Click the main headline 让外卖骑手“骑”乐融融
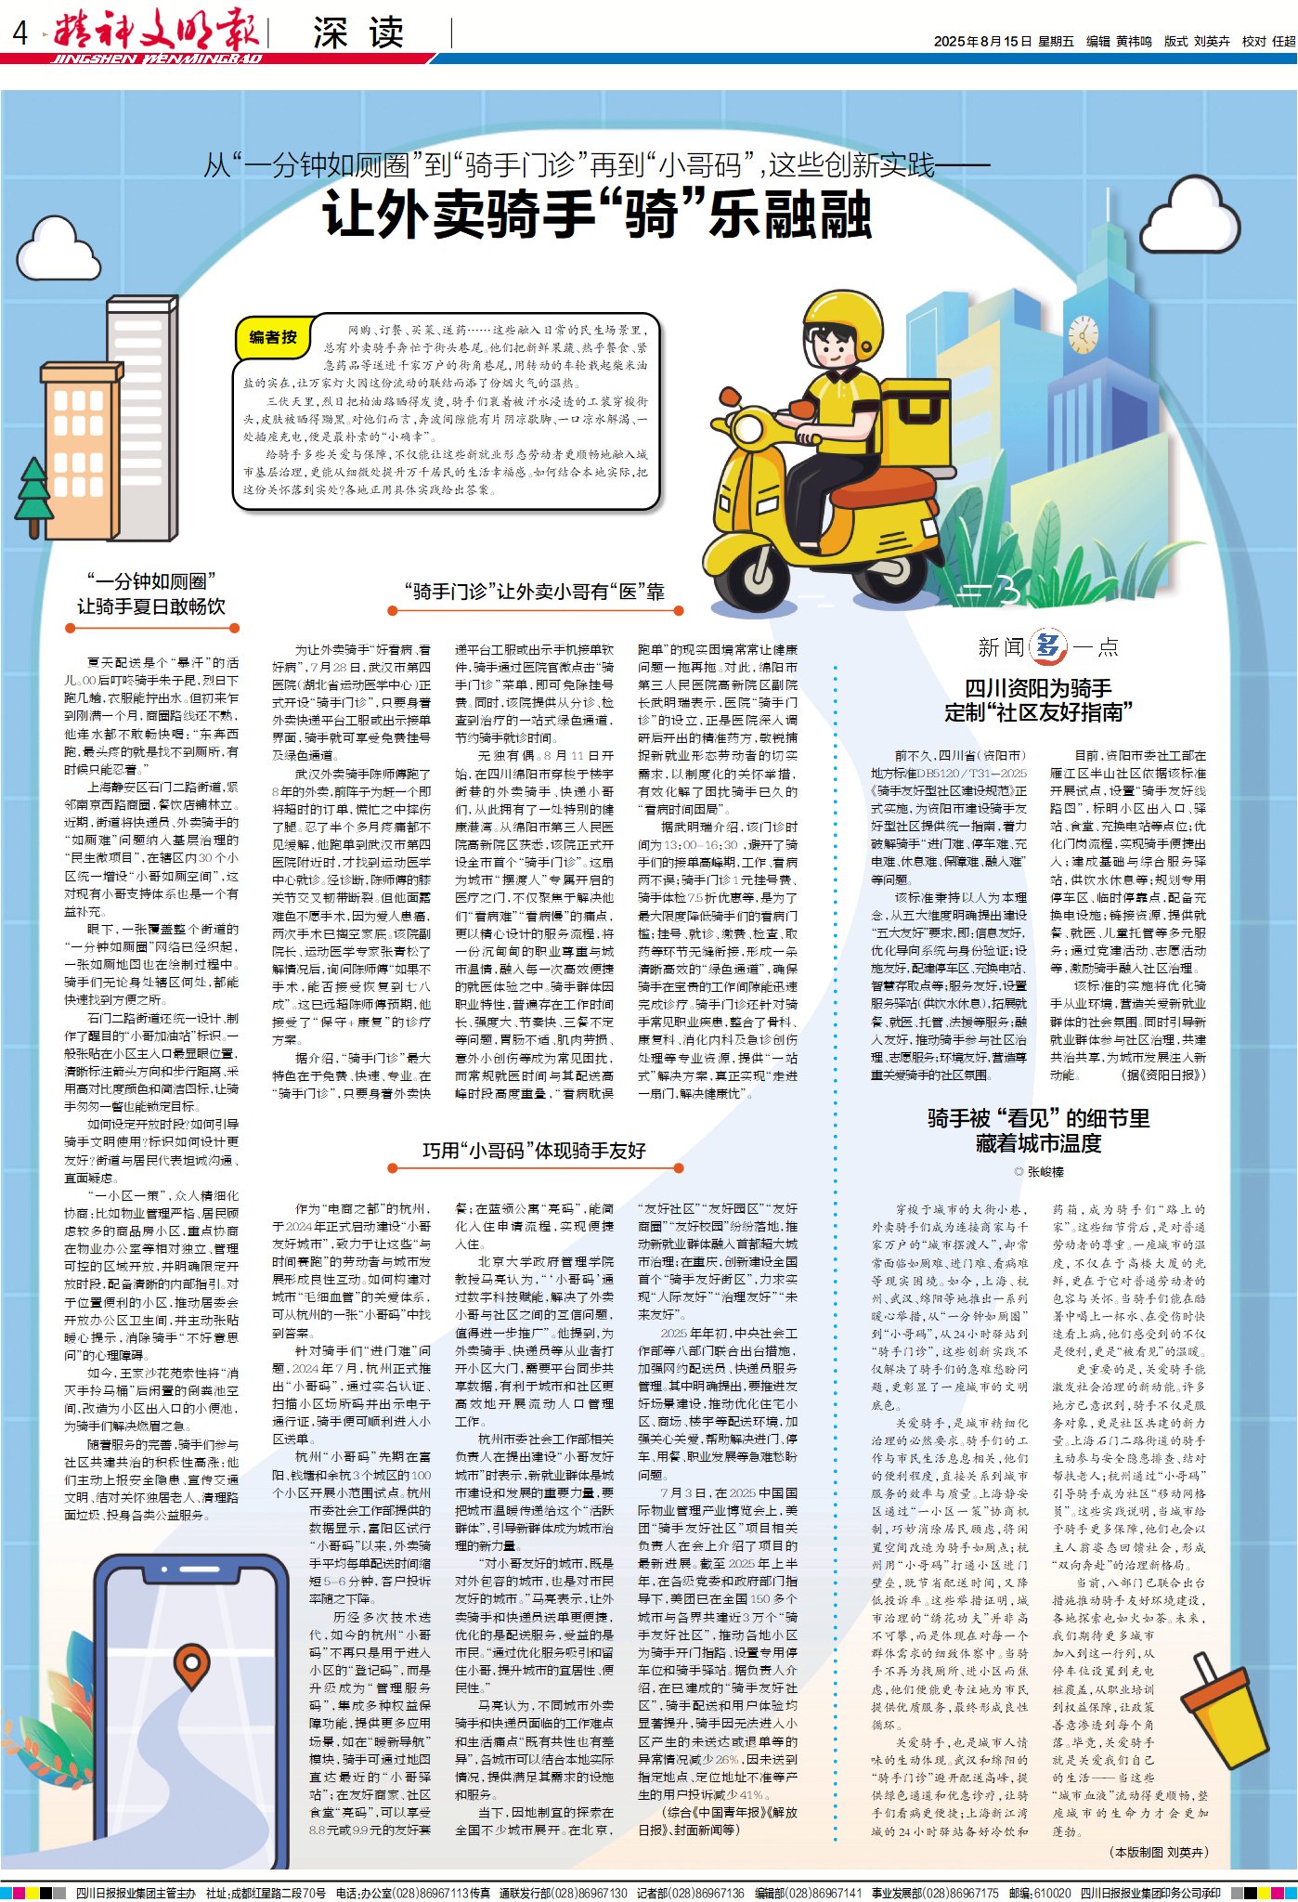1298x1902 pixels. [x=597, y=215]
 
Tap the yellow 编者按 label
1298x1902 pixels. [x=273, y=337]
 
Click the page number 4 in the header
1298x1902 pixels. [x=19, y=34]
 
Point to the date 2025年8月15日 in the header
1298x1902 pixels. [x=982, y=42]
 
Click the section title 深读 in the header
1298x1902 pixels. [x=358, y=34]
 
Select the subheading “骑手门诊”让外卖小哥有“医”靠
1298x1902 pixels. [x=535, y=592]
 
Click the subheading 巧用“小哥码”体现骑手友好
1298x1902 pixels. [x=534, y=1151]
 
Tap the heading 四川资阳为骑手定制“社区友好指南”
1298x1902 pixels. [x=1038, y=700]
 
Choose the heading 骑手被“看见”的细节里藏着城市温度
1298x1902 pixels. [x=1038, y=1130]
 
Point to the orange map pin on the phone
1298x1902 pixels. [x=191, y=1665]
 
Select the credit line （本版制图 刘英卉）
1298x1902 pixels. [x=1158, y=1852]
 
